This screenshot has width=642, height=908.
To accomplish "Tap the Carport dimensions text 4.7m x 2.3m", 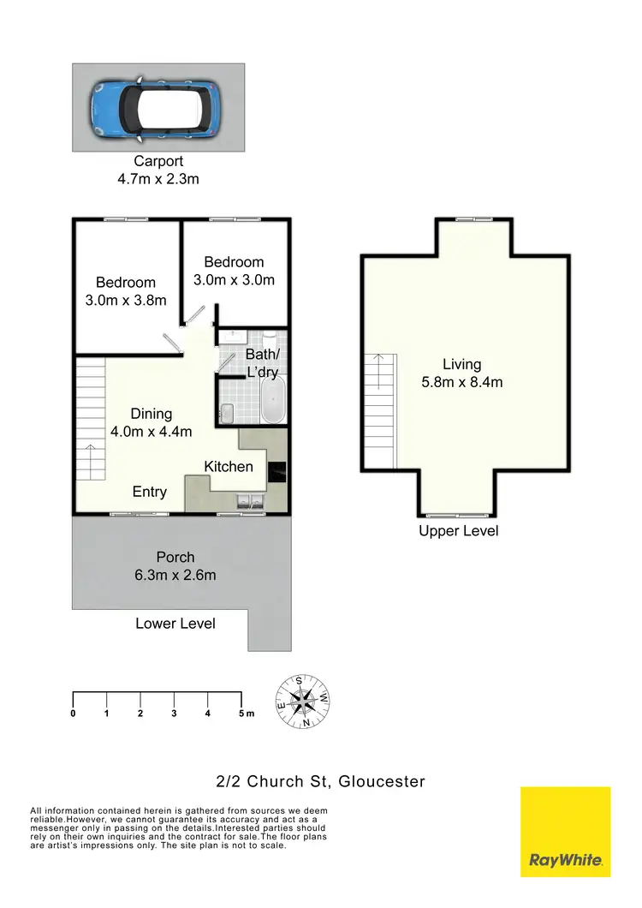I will point(158,179).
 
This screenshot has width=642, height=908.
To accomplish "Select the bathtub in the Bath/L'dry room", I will point(274,399).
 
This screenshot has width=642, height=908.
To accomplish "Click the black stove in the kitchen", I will point(278,473).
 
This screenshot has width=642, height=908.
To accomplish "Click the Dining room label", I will point(151,414).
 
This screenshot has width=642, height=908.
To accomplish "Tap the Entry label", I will point(149,492).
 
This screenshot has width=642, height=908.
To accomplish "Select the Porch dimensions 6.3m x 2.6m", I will point(175,575).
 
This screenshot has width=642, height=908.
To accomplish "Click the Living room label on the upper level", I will point(461,364).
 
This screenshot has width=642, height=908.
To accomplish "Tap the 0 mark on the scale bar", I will point(74,713).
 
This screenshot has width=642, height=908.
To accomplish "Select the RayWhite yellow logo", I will point(565,832).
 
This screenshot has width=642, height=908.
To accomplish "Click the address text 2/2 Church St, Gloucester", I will point(320,780).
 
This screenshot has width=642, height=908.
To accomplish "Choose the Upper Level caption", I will point(458,531).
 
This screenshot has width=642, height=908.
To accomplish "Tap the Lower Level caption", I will point(175,624).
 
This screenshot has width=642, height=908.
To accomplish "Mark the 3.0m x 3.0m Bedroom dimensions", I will point(234,279).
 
